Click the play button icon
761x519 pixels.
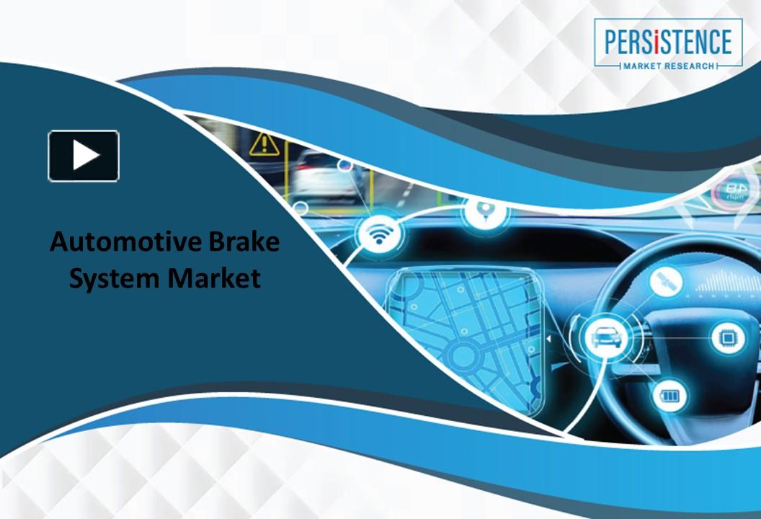tap(84, 156)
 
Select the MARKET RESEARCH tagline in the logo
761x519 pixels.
tap(668, 66)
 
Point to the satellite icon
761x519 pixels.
tap(666, 282)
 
